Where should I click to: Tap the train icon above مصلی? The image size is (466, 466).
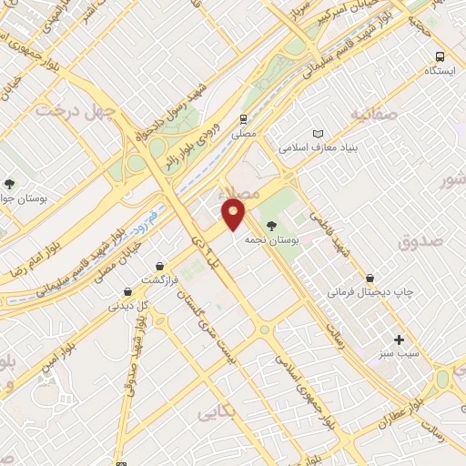pyautogui.click(x=244, y=119)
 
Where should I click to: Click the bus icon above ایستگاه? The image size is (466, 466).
pyautogui.click(x=441, y=56)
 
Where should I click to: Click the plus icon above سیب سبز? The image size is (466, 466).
pyautogui.click(x=399, y=339)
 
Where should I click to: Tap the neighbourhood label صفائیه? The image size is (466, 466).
pyautogui.click(x=373, y=115)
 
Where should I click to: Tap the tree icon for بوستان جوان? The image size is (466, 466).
pyautogui.click(x=10, y=184)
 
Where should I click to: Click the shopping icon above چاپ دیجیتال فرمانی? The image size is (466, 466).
pyautogui.click(x=370, y=278)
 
